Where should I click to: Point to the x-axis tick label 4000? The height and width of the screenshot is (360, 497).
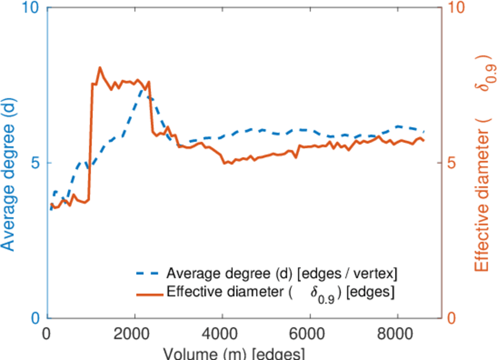tap(222, 334)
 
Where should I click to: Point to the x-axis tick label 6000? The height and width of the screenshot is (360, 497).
tap(309, 334)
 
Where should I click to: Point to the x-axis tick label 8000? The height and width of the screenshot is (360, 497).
tap(397, 334)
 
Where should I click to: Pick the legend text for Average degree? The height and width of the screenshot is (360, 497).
tap(282, 274)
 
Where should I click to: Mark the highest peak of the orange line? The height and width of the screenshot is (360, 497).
tap(100, 68)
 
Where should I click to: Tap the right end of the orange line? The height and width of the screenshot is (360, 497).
tap(424, 140)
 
